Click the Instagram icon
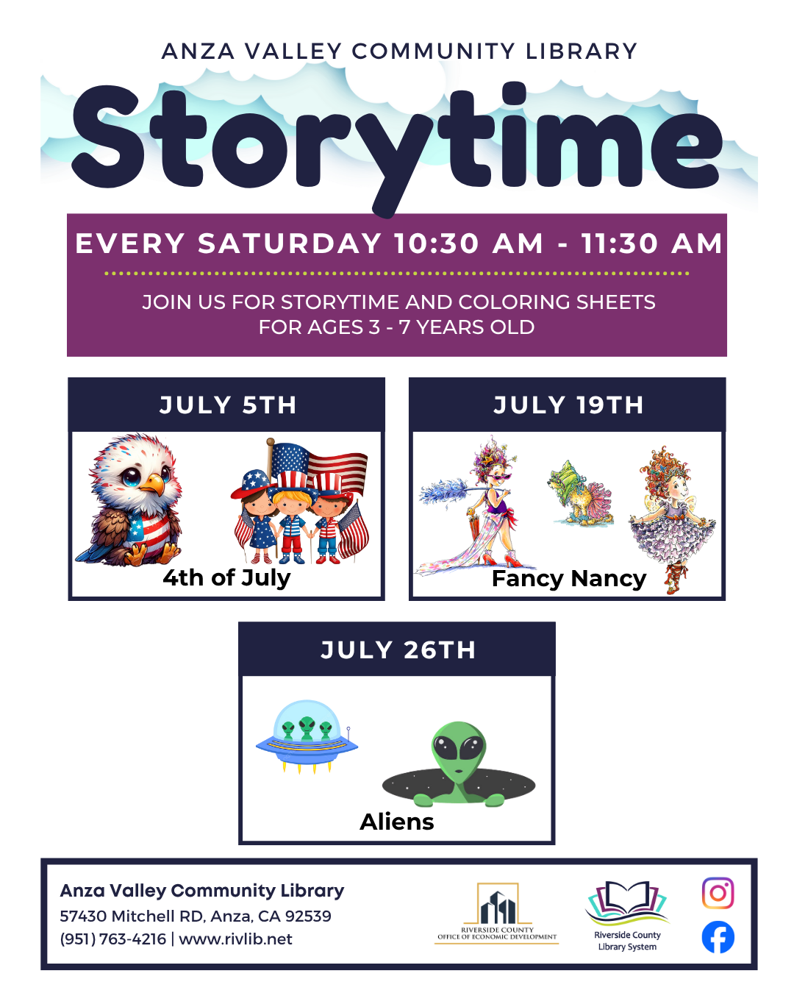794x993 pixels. tap(718, 893)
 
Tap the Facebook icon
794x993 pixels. tap(718, 937)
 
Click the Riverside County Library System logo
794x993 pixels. tap(626, 916)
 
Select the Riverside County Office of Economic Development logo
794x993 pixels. tap(496, 913)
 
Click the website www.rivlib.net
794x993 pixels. tap(235, 939)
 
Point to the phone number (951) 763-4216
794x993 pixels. tap(113, 939)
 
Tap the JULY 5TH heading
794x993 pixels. tap(228, 405)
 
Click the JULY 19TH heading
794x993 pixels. tap(568, 405)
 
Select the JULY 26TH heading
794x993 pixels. tap(398, 649)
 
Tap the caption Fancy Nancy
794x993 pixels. tap(569, 579)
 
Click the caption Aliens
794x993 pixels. tap(397, 822)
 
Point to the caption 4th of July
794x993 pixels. tap(226, 577)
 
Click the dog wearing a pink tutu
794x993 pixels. tap(580, 494)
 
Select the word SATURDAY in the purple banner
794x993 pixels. tap(289, 243)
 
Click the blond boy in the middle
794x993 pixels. tap(290, 524)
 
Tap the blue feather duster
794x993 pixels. tap(443, 491)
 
